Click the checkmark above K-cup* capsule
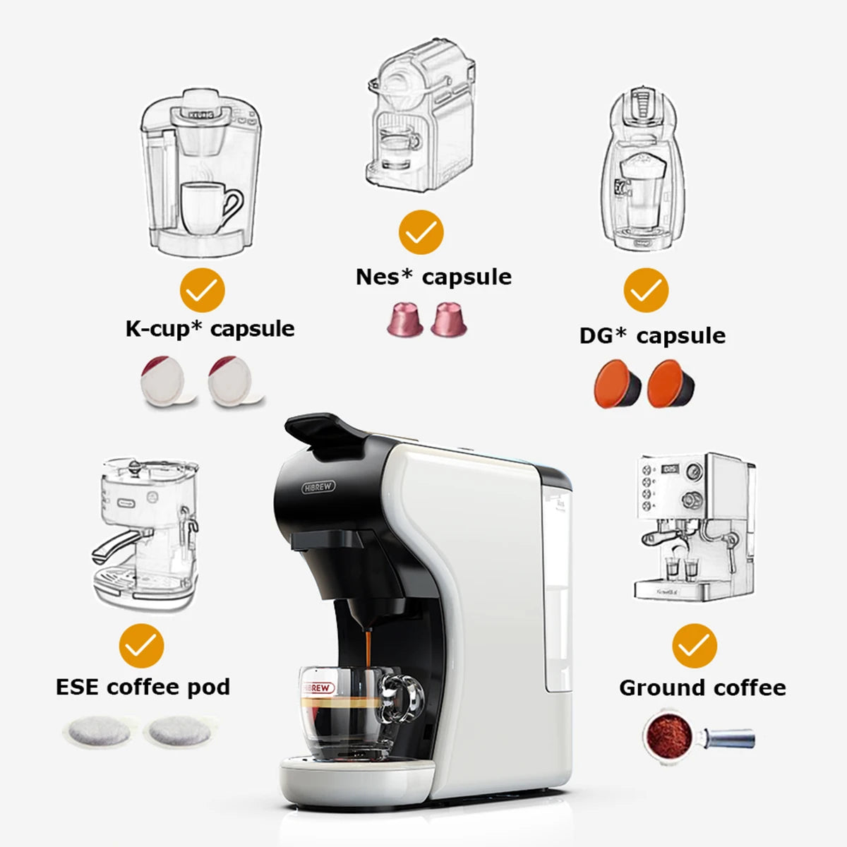click(x=203, y=290)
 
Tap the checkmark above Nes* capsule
click(x=421, y=232)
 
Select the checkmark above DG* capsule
click(x=646, y=290)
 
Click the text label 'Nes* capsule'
click(x=433, y=277)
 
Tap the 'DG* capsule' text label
click(x=652, y=335)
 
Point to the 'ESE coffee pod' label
click(x=143, y=687)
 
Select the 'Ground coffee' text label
click(x=702, y=687)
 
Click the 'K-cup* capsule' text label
click(x=210, y=329)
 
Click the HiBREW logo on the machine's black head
click(x=319, y=487)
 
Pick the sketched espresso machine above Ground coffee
click(x=692, y=526)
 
